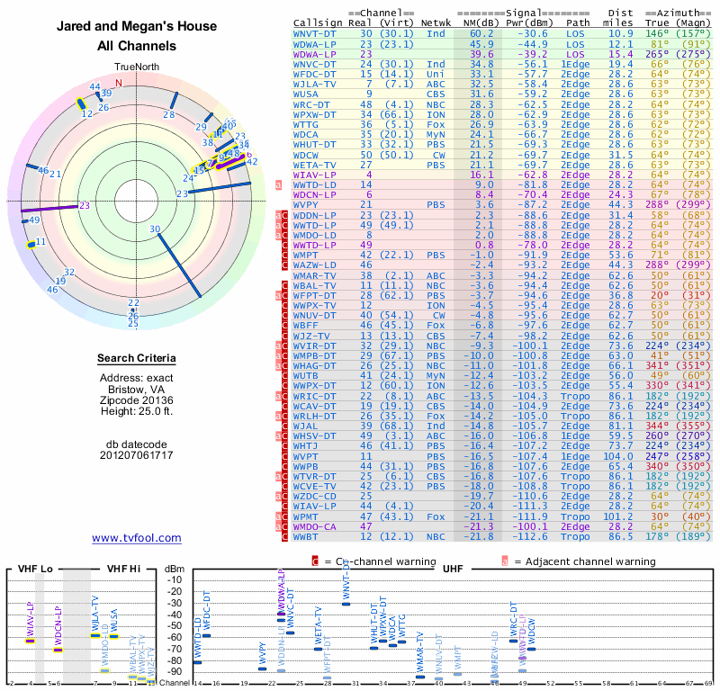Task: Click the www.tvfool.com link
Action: pyautogui.click(x=137, y=538)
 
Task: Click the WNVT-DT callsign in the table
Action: pyautogui.click(x=315, y=33)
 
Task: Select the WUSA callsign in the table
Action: pyautogui.click(x=306, y=94)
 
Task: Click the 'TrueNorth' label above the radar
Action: pyautogui.click(x=136, y=67)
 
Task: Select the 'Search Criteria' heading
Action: pyautogui.click(x=137, y=359)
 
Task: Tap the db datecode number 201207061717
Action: pyautogui.click(x=137, y=454)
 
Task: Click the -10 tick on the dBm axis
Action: pyautogui.click(x=175, y=579)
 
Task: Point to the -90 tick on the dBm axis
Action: pyautogui.click(x=175, y=671)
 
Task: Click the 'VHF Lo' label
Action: pyautogui.click(x=33, y=569)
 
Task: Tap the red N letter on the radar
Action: pyautogui.click(x=118, y=83)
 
